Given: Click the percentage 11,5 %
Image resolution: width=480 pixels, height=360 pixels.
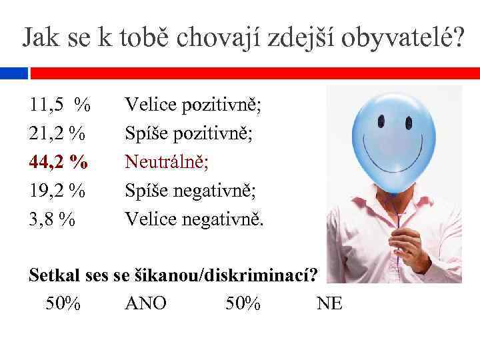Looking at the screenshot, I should click(x=59, y=105).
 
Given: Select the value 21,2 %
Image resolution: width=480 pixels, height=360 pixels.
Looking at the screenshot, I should click(x=57, y=134).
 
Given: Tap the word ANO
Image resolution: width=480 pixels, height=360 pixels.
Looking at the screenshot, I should click(x=146, y=304).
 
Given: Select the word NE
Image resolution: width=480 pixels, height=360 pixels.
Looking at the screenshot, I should click(x=329, y=304).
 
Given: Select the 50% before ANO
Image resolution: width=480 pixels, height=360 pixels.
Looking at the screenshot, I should click(x=63, y=304).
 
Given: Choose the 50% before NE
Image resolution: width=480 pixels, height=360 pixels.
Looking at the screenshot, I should click(x=243, y=304).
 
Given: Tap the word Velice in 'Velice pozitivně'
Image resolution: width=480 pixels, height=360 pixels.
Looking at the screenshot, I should click(x=148, y=105).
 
